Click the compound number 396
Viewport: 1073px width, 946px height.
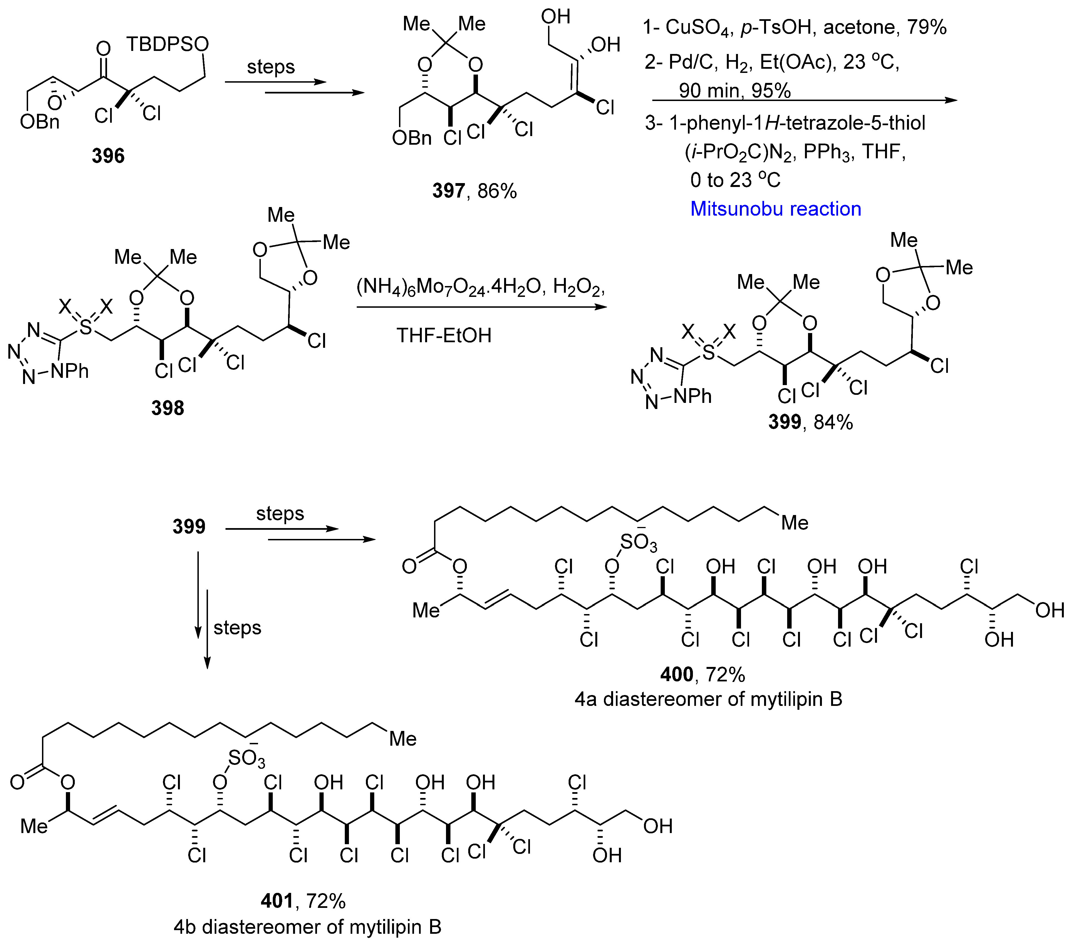coord(108,156)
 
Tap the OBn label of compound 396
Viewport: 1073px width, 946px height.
coord(39,122)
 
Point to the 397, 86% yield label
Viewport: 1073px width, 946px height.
coord(474,191)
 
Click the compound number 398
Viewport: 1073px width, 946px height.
coord(167,408)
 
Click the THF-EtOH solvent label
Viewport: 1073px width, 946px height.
coord(443,335)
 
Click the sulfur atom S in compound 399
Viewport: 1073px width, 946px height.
coord(709,353)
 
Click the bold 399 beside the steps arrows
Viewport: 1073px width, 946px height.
coord(189,526)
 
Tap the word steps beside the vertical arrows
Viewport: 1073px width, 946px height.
coord(237,628)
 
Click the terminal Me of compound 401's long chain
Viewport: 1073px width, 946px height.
coord(403,739)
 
